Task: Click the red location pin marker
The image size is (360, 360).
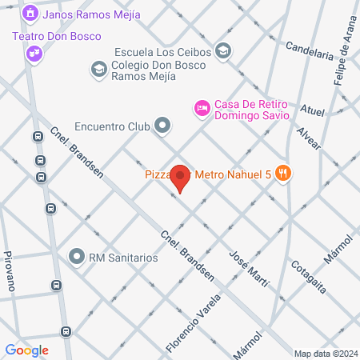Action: click(181, 178)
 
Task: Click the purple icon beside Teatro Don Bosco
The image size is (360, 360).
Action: click(34, 53)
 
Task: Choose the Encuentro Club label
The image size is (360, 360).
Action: click(112, 126)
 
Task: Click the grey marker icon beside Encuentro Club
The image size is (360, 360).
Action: click(162, 126)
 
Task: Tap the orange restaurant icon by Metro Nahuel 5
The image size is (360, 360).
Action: click(282, 172)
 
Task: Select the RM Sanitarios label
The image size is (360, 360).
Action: click(123, 258)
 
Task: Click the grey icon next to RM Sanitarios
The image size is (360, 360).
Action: click(77, 257)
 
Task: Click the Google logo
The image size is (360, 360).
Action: click(26, 350)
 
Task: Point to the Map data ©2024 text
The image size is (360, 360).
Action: click(325, 354)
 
